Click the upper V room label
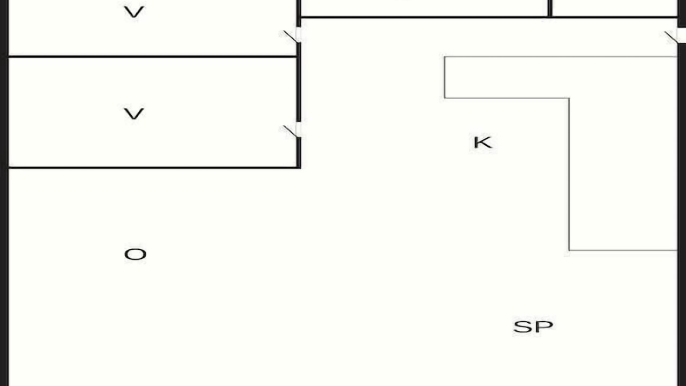coord(134,12)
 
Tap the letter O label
coord(135,254)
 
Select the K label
coord(483,143)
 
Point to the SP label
coord(533,326)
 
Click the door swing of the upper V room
coord(290,36)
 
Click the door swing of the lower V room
coord(290,131)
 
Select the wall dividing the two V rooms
coord(152,57)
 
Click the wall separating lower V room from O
coord(154,168)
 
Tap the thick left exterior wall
coord(4,193)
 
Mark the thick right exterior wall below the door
coord(682,214)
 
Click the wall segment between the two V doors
coord(299,82)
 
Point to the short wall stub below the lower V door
coord(299,153)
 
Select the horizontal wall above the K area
coord(489,17)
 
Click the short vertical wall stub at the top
coord(550,8)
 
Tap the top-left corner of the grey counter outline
coord(445,57)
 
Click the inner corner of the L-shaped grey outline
coord(569,98)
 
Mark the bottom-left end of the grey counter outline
coord(569,250)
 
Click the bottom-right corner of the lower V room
coord(299,168)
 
